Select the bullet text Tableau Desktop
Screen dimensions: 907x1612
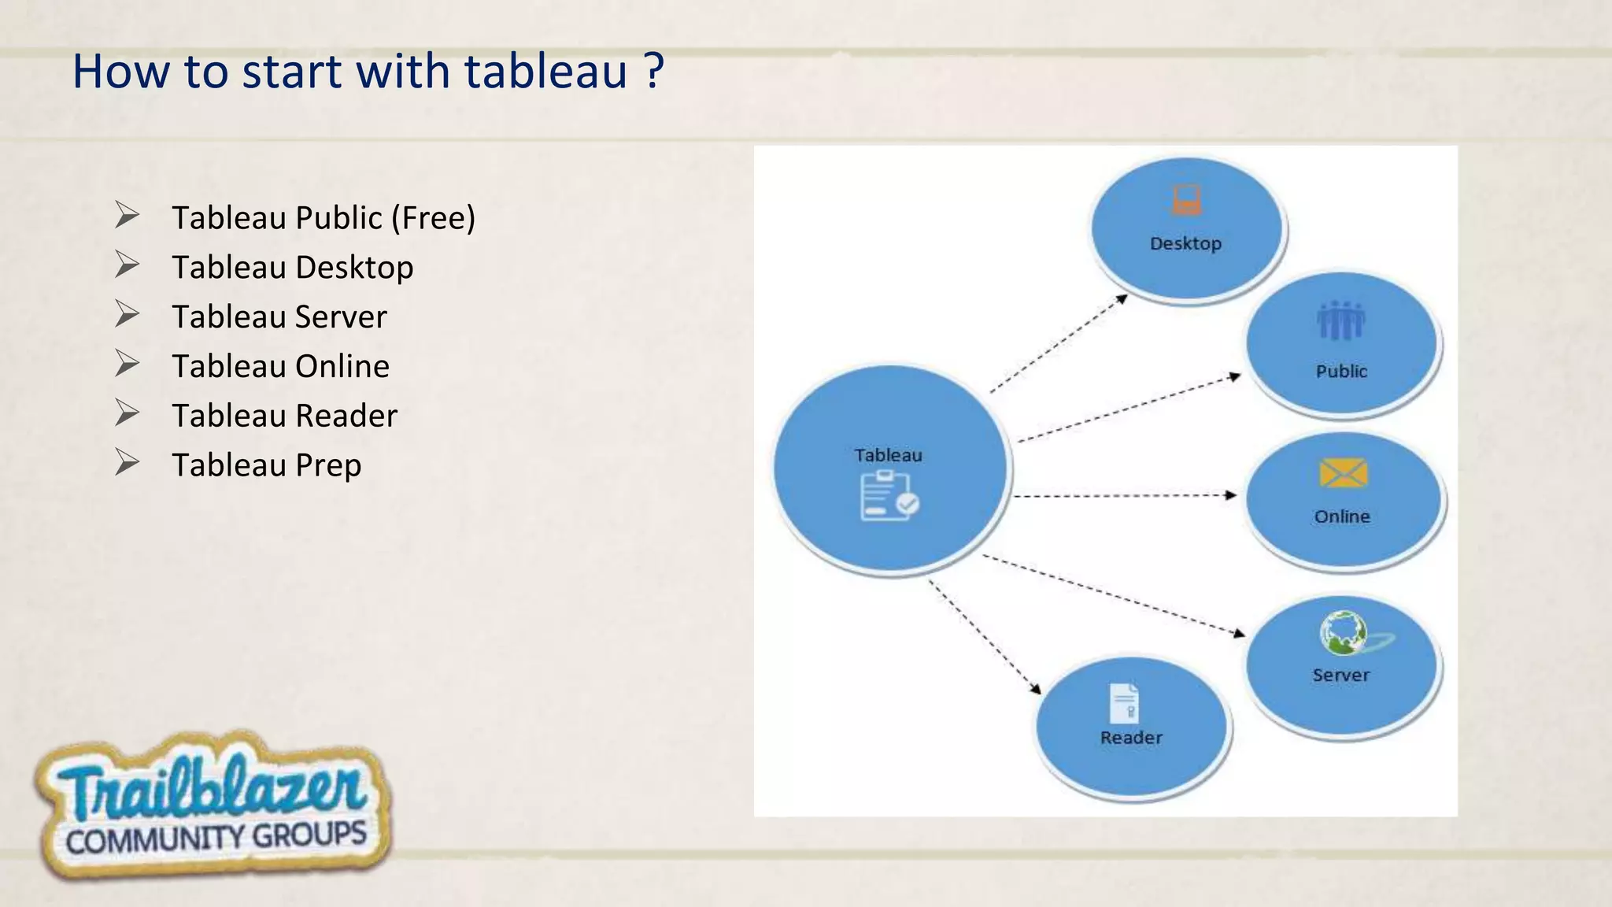coord(292,268)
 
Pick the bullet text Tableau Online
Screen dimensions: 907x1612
coord(280,367)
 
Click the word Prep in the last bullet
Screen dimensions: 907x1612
coord(328,465)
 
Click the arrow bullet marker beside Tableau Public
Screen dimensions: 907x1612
coord(127,215)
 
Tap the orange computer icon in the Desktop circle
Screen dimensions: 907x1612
coord(1186,200)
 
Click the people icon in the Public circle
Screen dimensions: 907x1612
coord(1340,321)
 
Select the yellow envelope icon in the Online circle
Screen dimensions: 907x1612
coord(1343,474)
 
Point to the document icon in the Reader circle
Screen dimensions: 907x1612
coord(1124,702)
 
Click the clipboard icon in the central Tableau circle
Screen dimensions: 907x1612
coord(889,497)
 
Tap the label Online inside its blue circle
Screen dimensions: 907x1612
coord(1342,516)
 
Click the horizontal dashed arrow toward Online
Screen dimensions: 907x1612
coord(1126,496)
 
